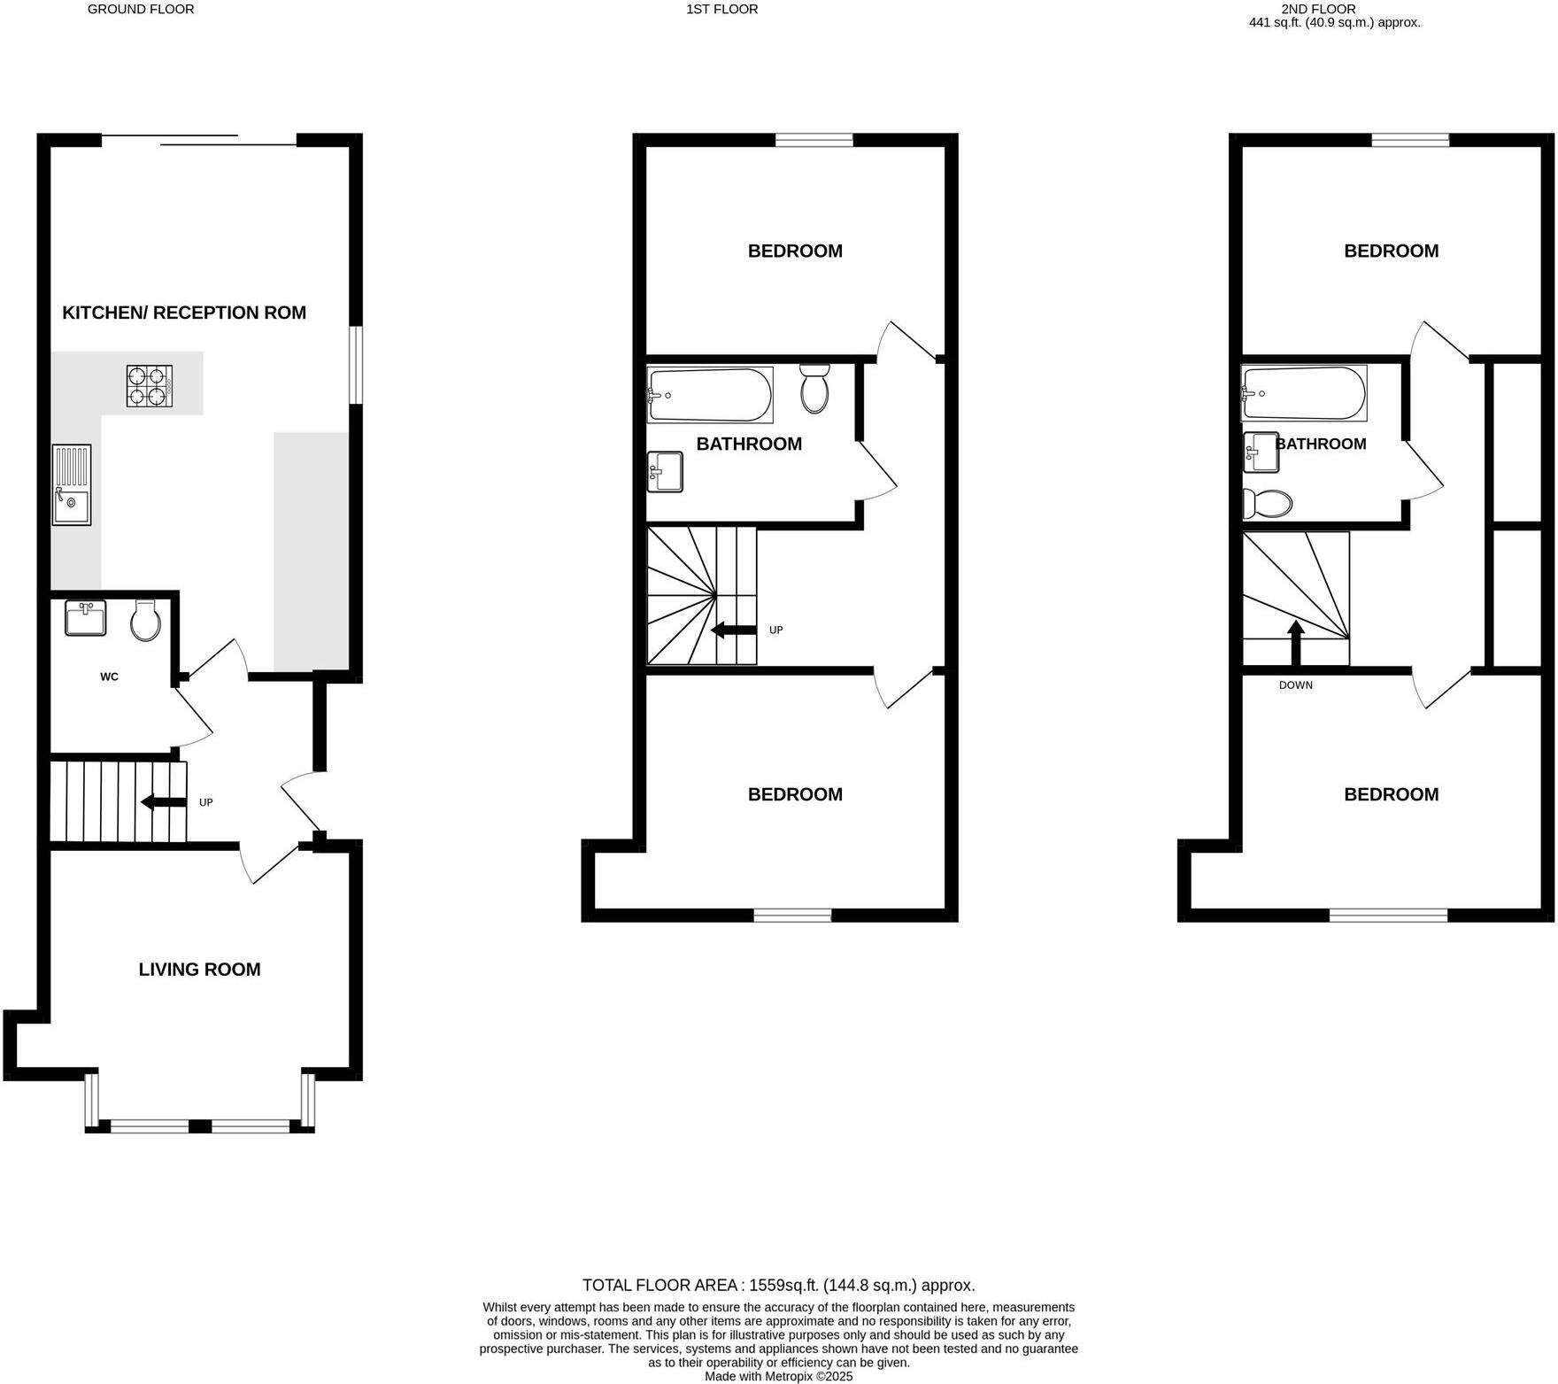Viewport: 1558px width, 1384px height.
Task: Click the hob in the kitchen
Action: click(149, 386)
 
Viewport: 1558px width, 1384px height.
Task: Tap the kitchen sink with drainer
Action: click(72, 484)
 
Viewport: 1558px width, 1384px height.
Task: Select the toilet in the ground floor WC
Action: click(145, 620)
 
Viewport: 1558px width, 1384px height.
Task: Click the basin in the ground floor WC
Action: click(86, 617)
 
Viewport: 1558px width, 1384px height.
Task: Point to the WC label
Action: click(109, 677)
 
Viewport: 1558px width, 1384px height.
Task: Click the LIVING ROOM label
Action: click(199, 970)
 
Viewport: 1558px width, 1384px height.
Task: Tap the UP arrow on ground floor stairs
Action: click(164, 802)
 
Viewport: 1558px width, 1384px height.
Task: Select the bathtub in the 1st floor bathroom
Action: click(710, 394)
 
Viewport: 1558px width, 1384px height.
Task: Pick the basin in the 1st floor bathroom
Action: click(665, 471)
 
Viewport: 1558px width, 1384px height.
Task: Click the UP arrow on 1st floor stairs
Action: click(734, 630)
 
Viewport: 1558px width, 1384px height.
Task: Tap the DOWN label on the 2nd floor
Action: click(1296, 685)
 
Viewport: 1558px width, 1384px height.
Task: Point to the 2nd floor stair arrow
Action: click(1295, 643)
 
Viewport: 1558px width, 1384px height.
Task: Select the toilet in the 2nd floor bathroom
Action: click(1267, 503)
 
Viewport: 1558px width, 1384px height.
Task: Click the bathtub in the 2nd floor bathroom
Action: click(1305, 394)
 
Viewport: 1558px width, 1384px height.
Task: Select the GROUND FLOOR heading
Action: click(141, 10)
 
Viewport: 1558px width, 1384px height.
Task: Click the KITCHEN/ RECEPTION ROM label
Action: click(184, 313)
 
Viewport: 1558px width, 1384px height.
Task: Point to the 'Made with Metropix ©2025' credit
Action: click(778, 1377)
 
